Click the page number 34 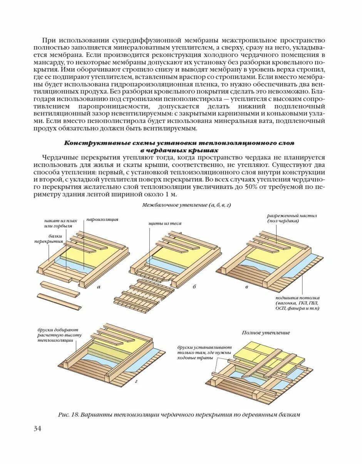click(x=37, y=428)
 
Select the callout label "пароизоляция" click(x=102, y=219)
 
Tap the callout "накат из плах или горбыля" click(x=61, y=223)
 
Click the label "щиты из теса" click(x=164, y=223)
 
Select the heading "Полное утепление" click(x=266, y=332)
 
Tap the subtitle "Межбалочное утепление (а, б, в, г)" click(x=186, y=205)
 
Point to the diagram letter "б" click(x=194, y=287)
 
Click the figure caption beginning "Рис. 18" click(x=179, y=415)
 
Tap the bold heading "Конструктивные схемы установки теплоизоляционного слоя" click(x=179, y=143)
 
